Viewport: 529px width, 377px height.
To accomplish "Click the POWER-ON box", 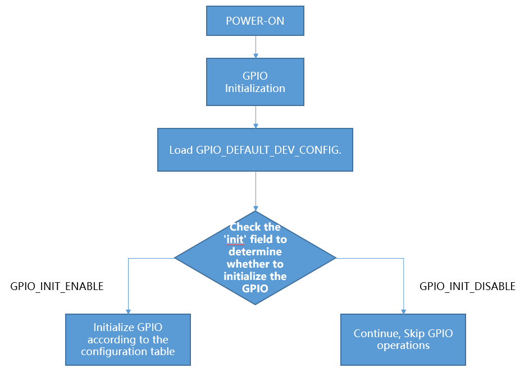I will [255, 21].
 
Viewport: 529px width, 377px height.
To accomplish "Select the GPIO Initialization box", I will [255, 82].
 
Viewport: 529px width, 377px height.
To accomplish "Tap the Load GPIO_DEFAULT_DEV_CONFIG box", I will [255, 150].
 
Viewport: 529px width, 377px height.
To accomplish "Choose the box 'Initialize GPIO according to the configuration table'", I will [128, 339].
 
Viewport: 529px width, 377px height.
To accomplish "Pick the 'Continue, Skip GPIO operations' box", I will [403, 339].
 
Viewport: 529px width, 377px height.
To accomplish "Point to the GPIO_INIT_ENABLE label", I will [57, 286].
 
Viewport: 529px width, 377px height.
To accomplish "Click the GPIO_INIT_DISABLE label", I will [467, 286].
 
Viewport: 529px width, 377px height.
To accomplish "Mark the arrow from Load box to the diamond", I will [256, 191].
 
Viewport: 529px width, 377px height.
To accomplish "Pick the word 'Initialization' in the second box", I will [255, 88].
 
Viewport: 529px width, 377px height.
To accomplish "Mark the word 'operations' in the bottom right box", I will [403, 346].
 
